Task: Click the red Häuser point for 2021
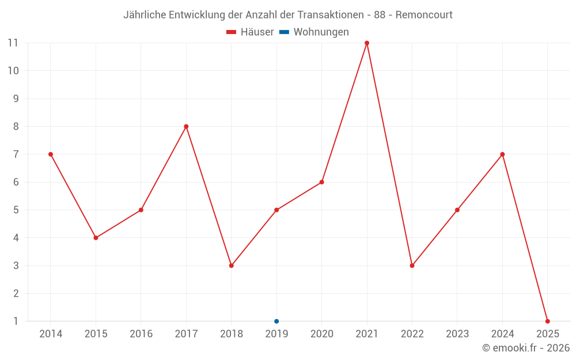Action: (x=367, y=43)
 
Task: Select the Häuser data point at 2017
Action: (x=186, y=127)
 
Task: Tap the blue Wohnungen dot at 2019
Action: (x=276, y=321)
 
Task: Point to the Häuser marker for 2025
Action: (x=548, y=321)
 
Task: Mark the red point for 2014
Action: (x=51, y=154)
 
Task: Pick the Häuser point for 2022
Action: (x=412, y=266)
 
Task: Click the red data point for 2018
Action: (x=231, y=266)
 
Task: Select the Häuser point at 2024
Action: (x=502, y=154)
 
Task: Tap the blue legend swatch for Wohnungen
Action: (x=284, y=32)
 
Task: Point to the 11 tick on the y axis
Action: (x=13, y=43)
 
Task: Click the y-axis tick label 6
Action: (x=16, y=182)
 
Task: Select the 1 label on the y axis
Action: (x=16, y=321)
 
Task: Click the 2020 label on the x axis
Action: (x=321, y=334)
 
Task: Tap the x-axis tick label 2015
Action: (x=96, y=334)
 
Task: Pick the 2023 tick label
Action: (x=457, y=334)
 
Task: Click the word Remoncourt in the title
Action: (x=424, y=14)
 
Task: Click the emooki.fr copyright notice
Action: (x=526, y=348)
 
